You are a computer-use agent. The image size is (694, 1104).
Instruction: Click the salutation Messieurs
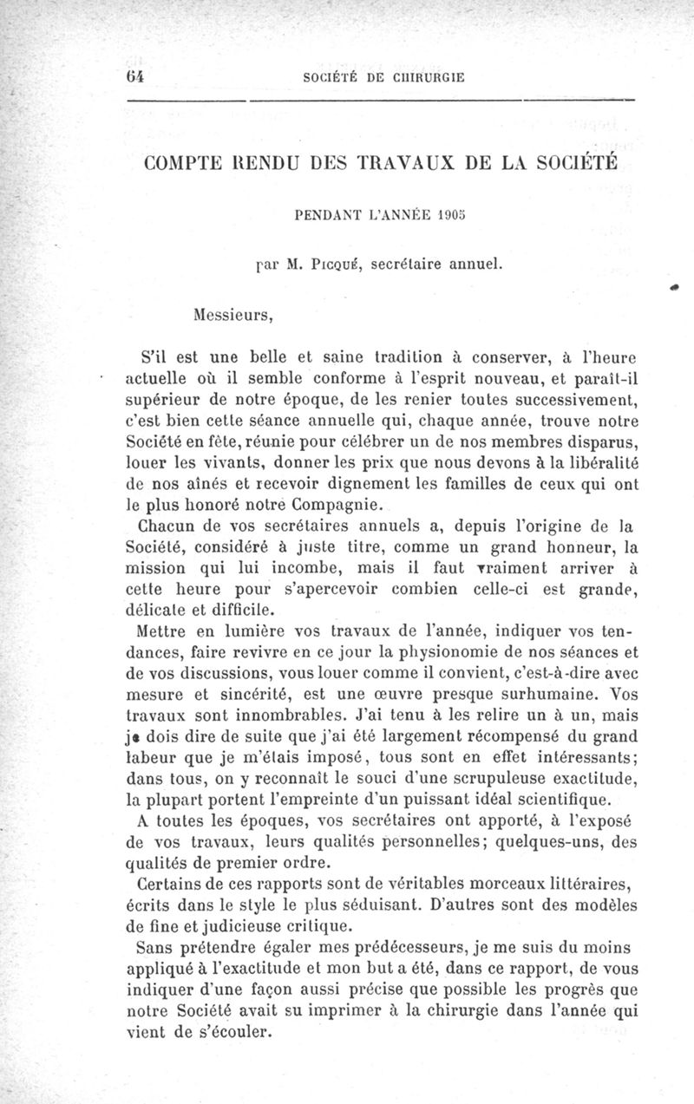point(232,315)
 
